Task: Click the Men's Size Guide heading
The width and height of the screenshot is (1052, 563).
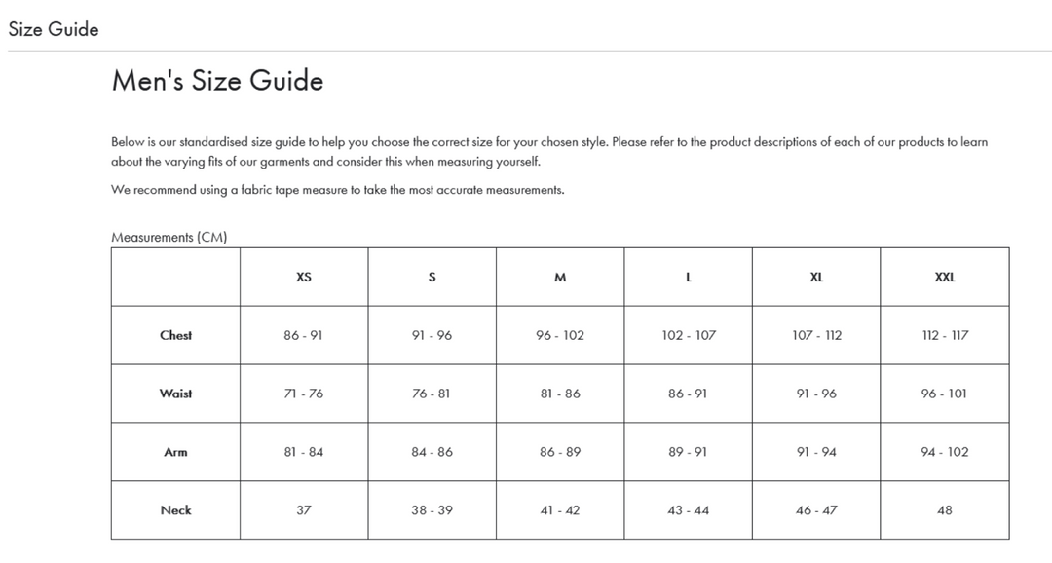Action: [x=217, y=80]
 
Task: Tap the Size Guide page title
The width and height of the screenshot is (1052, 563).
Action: [x=54, y=29]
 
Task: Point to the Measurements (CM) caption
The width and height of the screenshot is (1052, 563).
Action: [x=169, y=237]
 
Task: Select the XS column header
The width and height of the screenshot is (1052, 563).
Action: [x=304, y=277]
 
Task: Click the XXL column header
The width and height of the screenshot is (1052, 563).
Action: [x=944, y=277]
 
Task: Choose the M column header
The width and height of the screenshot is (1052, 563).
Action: [x=560, y=277]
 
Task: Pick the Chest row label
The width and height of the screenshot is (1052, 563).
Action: [x=175, y=335]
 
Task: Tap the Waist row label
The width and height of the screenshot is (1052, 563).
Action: [x=175, y=394]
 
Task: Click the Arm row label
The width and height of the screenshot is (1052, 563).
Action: [x=175, y=452]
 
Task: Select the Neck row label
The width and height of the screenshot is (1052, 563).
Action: [x=175, y=510]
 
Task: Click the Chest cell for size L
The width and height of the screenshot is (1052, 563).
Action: [x=689, y=335]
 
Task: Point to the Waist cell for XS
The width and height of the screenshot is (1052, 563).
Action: [x=304, y=394]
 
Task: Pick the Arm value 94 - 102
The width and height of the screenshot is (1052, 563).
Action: [x=944, y=452]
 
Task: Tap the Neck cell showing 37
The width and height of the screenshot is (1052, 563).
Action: [x=304, y=510]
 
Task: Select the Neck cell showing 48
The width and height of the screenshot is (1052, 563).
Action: [x=944, y=510]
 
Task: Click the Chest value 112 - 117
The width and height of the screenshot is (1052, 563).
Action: [x=944, y=335]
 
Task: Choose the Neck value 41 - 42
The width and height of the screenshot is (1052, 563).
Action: [x=560, y=510]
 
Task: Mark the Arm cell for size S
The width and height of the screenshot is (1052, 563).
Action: [x=432, y=452]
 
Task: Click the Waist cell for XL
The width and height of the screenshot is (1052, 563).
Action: [x=816, y=394]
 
